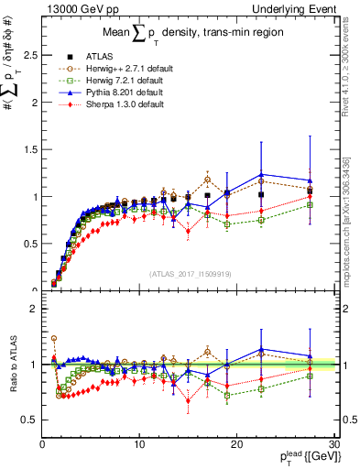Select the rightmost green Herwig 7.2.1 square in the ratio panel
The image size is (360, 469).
coord(309,376)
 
